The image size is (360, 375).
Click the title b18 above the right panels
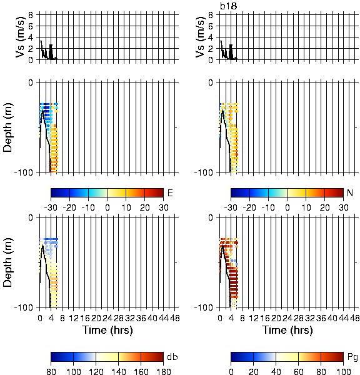coord(229,6)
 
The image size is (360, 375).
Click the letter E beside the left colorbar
coord(170,192)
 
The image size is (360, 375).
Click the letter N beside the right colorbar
coord(350,192)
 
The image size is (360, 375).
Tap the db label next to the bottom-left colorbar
coord(172,357)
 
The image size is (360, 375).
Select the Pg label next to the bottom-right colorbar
coord(352,357)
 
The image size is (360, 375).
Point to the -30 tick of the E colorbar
coord(51,207)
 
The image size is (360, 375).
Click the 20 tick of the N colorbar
coord(324,207)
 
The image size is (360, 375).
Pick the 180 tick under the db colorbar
coord(163,371)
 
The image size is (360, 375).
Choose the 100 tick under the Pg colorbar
coord(344,371)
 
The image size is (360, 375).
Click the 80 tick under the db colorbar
coord(51,371)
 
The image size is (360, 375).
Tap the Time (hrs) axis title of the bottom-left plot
coord(107,330)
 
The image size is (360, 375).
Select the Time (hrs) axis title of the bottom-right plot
coord(287,330)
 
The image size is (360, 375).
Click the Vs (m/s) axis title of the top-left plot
coord(21,37)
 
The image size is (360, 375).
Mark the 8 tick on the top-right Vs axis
coord(211,15)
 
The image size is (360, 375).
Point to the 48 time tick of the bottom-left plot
coord(175,318)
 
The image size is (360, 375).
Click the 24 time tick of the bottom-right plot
coord(287,318)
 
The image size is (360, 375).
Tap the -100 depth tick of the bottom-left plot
coord(24,307)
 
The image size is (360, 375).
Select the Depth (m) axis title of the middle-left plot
coord(7,127)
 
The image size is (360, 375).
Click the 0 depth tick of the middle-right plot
coord(211,82)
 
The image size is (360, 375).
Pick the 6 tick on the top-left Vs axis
coord(31,26)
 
